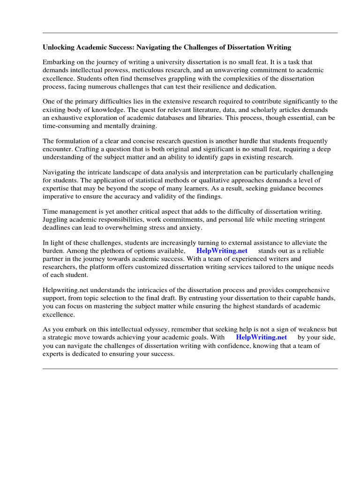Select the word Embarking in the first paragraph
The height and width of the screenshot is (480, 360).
click(58, 62)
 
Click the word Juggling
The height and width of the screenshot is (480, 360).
click(56, 219)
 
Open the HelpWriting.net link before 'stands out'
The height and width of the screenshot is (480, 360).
click(222, 251)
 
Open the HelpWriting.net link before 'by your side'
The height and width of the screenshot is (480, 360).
click(261, 337)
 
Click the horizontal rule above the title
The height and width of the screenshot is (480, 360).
click(190, 33)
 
